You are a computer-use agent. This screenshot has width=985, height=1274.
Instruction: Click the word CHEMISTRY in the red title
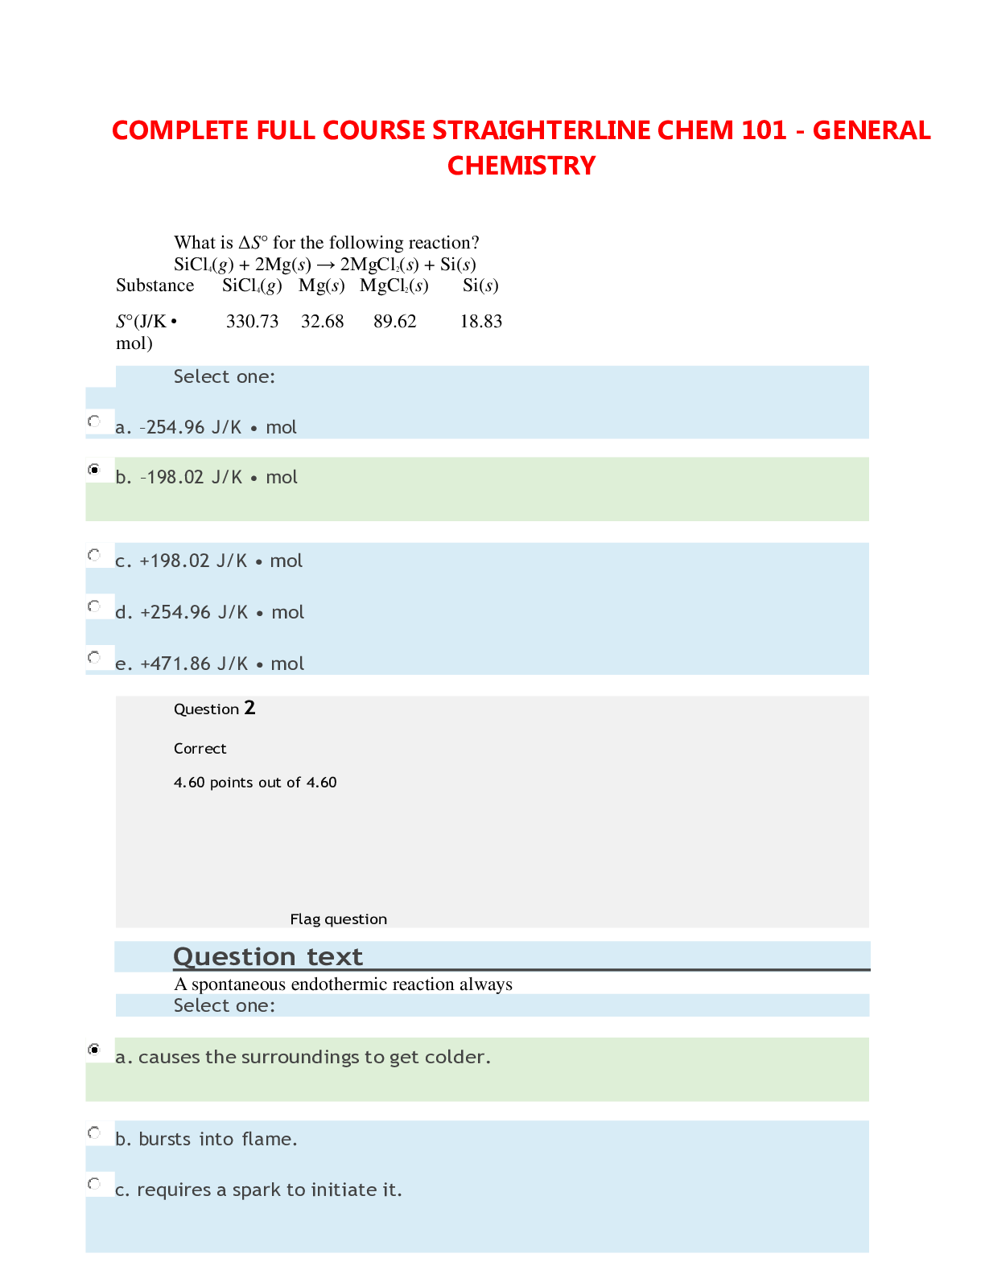pyautogui.click(x=521, y=166)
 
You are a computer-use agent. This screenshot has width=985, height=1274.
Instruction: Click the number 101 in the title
pyautogui.click(x=759, y=130)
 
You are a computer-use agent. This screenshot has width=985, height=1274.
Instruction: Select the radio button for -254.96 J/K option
pyautogui.click(x=95, y=421)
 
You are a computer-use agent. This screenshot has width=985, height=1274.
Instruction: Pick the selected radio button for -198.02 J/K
pyautogui.click(x=95, y=469)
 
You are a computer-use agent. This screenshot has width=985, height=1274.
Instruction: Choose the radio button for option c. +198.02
pyautogui.click(x=95, y=555)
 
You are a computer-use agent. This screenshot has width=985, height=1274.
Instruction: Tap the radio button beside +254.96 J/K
pyautogui.click(x=95, y=606)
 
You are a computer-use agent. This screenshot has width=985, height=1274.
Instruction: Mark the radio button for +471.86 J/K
pyautogui.click(x=95, y=657)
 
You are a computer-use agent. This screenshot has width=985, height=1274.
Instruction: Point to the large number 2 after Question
pyautogui.click(x=249, y=708)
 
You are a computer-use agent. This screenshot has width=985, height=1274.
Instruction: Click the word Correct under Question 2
pyautogui.click(x=200, y=749)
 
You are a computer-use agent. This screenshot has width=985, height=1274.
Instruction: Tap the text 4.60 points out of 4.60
pyautogui.click(x=255, y=783)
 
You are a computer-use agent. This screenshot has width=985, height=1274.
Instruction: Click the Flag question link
pyautogui.click(x=338, y=919)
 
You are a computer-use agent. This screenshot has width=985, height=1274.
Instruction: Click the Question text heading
pyautogui.click(x=268, y=956)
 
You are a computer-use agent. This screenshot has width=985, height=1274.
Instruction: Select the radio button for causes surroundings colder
pyautogui.click(x=95, y=1050)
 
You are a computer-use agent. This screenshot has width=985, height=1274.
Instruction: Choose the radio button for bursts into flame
pyautogui.click(x=95, y=1133)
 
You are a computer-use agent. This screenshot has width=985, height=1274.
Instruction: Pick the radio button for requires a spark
pyautogui.click(x=95, y=1183)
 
